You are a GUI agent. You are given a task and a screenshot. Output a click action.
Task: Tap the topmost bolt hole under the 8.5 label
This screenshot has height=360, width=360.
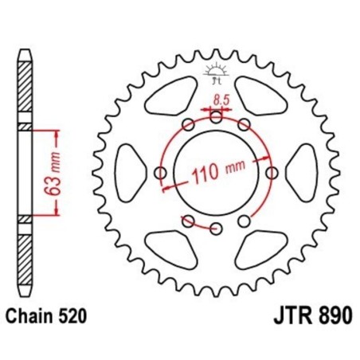[217, 116]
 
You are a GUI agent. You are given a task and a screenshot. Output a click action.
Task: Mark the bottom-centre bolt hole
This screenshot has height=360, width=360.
[217, 229]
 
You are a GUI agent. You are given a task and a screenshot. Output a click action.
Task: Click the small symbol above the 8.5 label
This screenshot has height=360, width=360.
[217, 73]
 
